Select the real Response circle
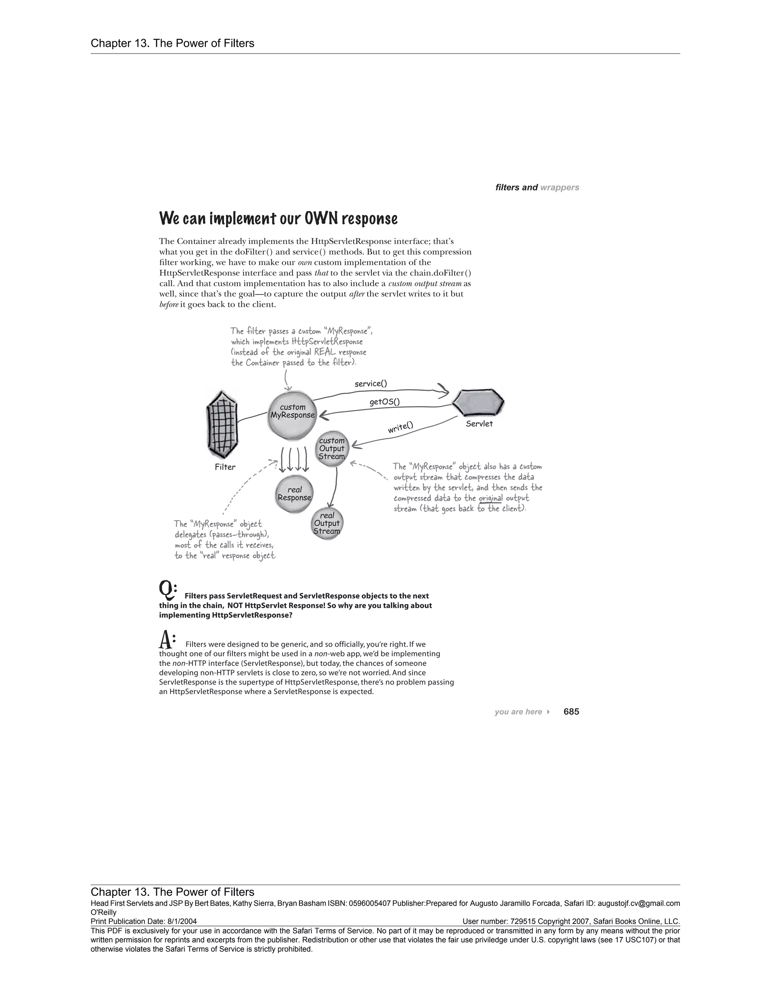295,494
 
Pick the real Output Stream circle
326,524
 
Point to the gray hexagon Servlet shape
478,403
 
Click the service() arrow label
370,384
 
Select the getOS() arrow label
384,402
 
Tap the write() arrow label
400,427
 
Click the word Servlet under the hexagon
479,424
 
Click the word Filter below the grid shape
225,467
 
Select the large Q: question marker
167,591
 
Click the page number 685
571,711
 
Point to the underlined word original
490,498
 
